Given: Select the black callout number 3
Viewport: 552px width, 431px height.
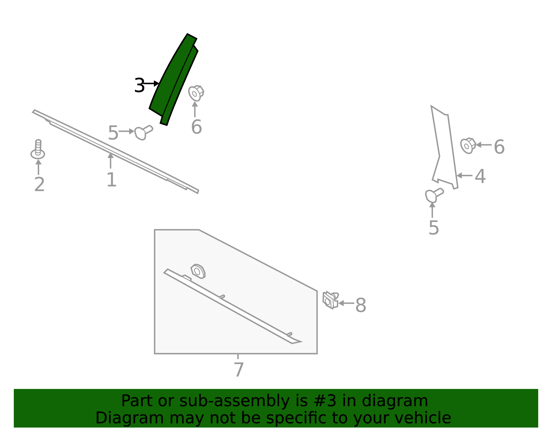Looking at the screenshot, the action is click(139, 85).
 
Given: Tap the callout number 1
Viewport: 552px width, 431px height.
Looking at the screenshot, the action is click(112, 179).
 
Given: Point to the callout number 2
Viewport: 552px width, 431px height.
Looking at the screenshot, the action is click(39, 184).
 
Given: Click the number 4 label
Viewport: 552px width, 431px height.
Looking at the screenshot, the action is click(480, 176).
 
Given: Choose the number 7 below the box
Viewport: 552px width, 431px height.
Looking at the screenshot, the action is click(238, 370).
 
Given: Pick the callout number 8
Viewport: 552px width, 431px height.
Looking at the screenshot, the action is click(361, 305).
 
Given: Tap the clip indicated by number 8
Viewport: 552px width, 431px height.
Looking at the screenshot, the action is click(331, 300).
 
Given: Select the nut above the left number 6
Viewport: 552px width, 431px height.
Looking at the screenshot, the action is click(196, 93).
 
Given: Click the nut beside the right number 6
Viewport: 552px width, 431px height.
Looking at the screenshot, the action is click(468, 146).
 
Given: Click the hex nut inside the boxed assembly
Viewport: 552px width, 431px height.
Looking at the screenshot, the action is click(198, 271).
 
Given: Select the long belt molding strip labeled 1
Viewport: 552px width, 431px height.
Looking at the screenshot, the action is click(116, 151).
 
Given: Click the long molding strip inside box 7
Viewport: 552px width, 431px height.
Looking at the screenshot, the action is click(233, 306).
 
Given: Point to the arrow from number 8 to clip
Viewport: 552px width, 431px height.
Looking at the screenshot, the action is click(346, 303).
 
